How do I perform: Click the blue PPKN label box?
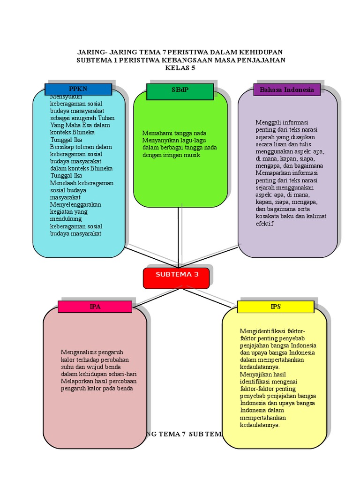click(78, 89)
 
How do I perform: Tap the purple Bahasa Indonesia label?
click(287, 90)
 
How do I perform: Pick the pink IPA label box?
click(95, 307)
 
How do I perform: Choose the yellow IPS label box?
click(276, 307)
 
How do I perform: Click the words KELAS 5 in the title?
click(180, 68)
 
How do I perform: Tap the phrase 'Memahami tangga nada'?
click(174, 133)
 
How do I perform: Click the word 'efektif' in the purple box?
click(264, 224)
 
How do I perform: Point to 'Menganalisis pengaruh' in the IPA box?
click(91, 352)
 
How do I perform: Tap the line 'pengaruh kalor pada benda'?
click(97, 388)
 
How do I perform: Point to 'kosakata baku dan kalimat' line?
click(291, 216)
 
